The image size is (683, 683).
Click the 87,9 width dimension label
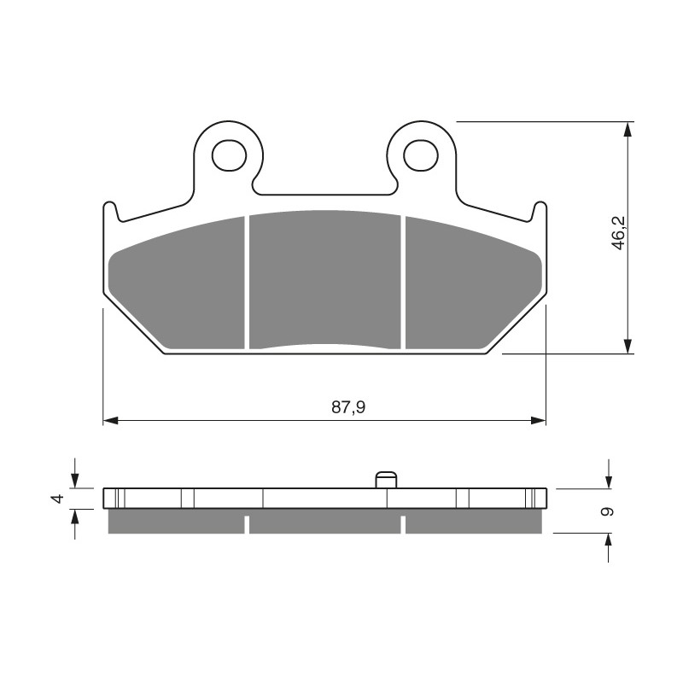[x=348, y=407]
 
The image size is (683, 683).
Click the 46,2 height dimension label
[x=618, y=233]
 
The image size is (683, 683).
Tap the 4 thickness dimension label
[x=58, y=499]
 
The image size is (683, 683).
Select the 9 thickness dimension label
[x=606, y=511]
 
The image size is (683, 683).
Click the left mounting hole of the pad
[x=229, y=155]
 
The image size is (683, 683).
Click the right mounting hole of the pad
[x=420, y=155]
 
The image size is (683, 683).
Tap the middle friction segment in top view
[x=325, y=280]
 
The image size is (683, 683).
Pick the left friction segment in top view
[x=177, y=283]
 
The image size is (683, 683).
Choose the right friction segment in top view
[x=474, y=283]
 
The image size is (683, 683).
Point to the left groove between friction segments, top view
[x=247, y=283]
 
